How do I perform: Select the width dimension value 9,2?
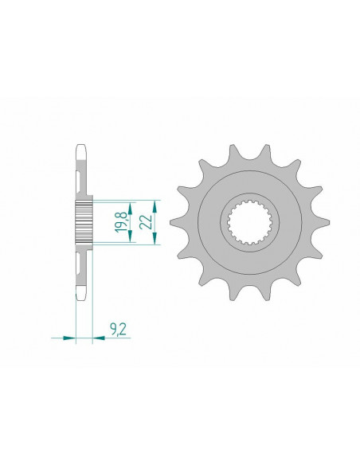116,326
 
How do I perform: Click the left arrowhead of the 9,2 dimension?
68,338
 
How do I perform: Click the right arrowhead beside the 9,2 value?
99,338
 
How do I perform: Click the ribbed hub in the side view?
84,222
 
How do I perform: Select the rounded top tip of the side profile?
84,148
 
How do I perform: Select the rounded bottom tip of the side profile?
84,297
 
